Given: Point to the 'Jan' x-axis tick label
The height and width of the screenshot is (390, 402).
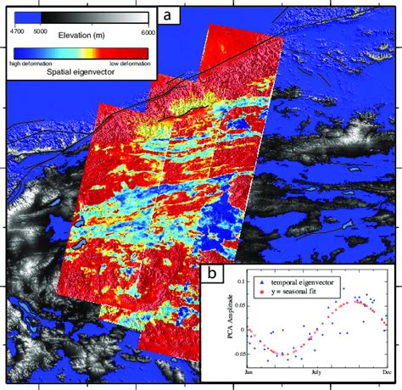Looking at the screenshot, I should [x=248, y=370].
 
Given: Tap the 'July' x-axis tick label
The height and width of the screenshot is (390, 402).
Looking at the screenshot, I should [x=316, y=370].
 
